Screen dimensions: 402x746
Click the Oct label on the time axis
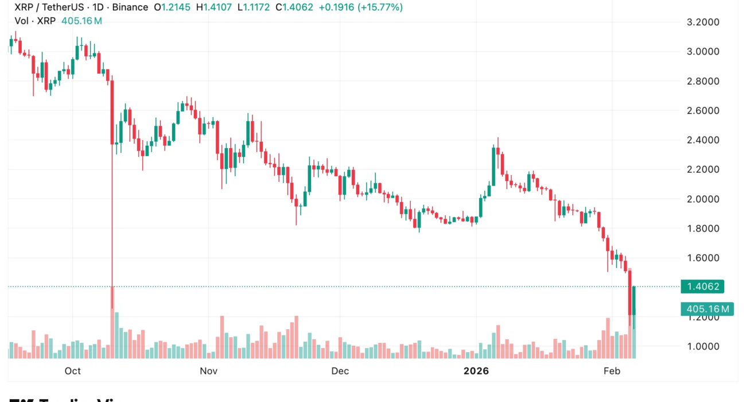point(73,371)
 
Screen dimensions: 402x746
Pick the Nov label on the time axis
point(209,371)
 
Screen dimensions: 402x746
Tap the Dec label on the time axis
point(340,371)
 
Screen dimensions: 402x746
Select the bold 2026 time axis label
point(476,371)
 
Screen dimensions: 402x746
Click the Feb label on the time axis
point(612,371)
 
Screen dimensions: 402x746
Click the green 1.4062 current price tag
point(702,287)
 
